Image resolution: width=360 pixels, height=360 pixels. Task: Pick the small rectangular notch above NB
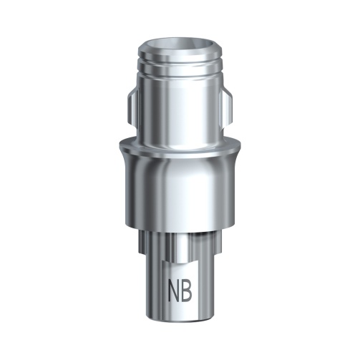pyautogui.click(x=180, y=247)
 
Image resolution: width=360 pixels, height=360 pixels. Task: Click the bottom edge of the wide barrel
pyautogui.click(x=180, y=228)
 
